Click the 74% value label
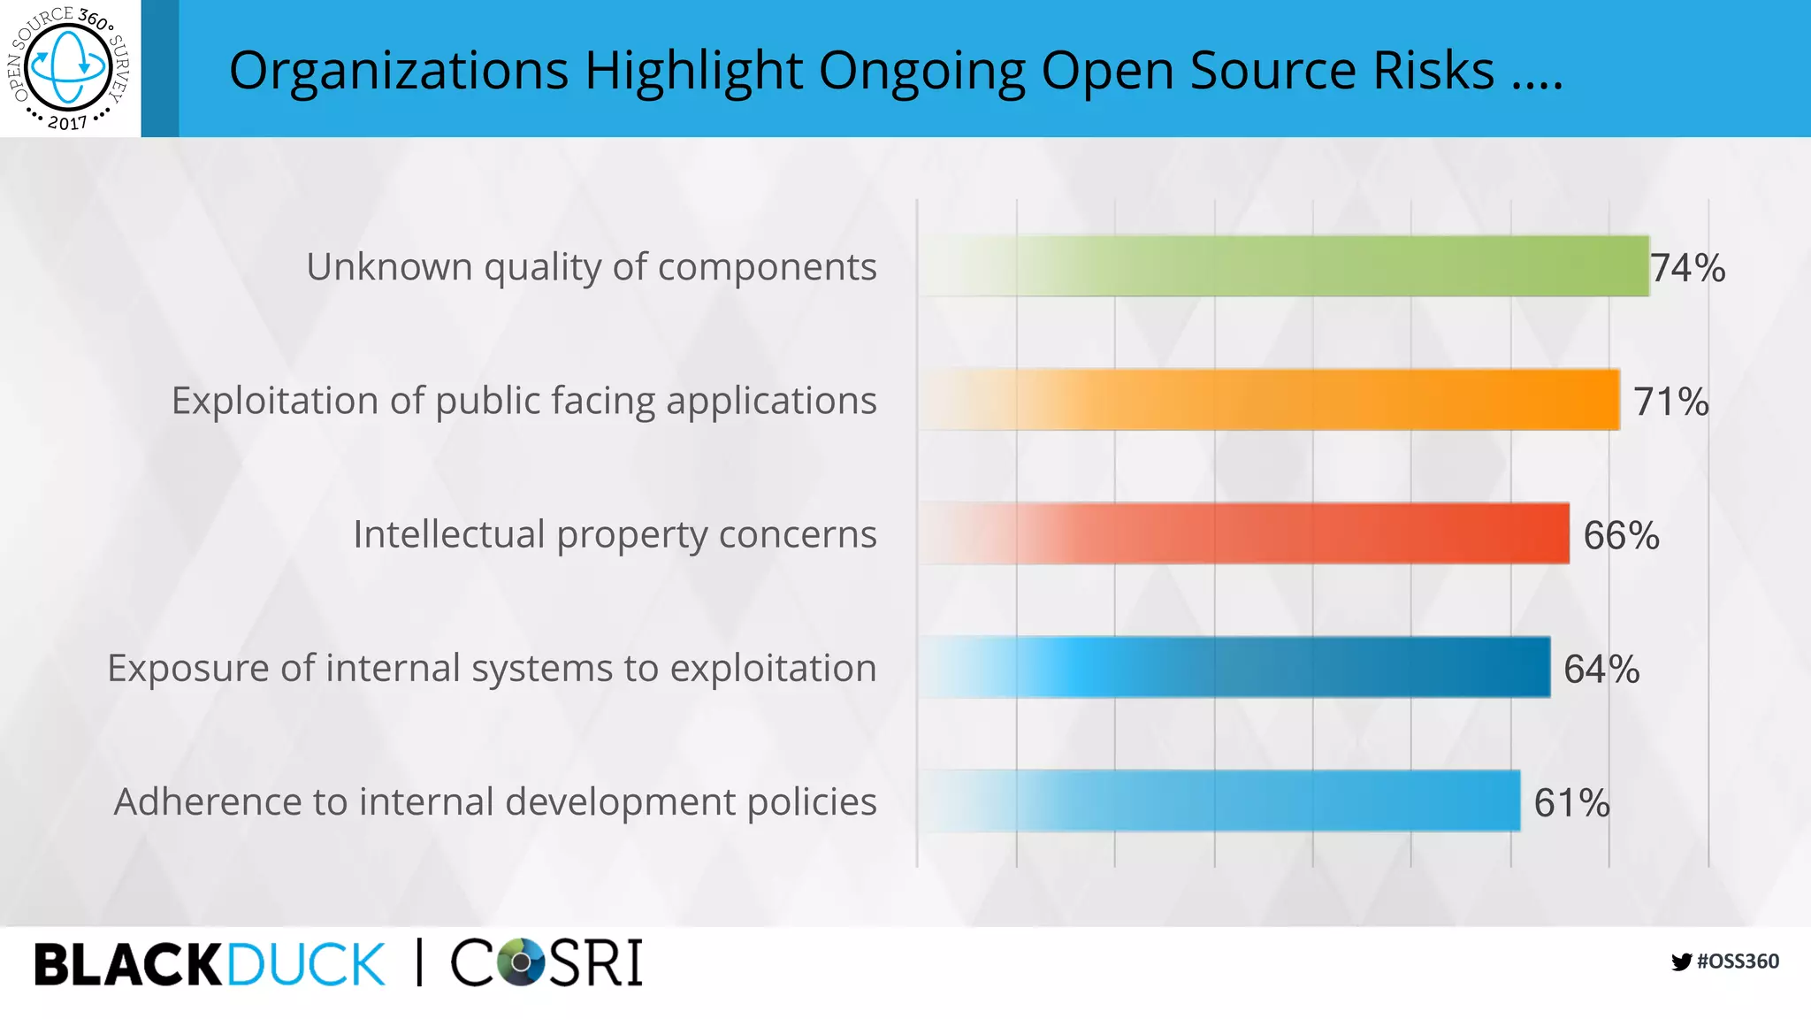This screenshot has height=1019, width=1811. tap(1688, 268)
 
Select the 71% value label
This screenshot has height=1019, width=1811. tap(1670, 402)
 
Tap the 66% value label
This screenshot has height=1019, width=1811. tap(1621, 535)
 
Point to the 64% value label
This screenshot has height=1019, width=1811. tap(1601, 669)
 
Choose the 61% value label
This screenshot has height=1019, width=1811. tap(1571, 803)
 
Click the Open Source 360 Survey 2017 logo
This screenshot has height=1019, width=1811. tap(69, 68)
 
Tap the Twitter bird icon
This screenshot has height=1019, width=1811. tap(1681, 962)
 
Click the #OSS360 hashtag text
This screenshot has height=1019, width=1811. tap(1738, 962)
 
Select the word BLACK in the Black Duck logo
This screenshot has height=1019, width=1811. tap(127, 964)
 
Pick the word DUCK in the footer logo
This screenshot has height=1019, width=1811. tap(306, 964)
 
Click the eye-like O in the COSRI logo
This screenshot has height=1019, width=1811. tap(521, 962)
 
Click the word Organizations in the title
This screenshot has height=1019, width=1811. tap(399, 70)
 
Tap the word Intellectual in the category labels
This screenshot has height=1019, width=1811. tap(449, 533)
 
